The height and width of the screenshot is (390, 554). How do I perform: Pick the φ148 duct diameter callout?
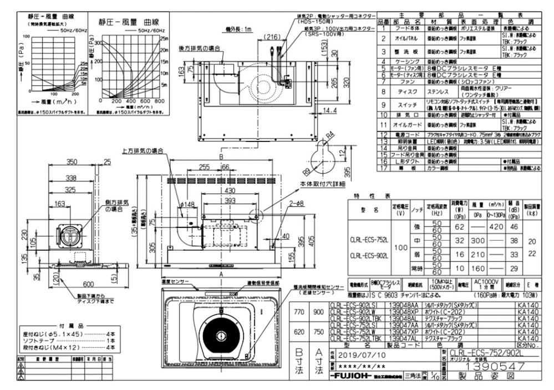[x=189, y=204]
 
